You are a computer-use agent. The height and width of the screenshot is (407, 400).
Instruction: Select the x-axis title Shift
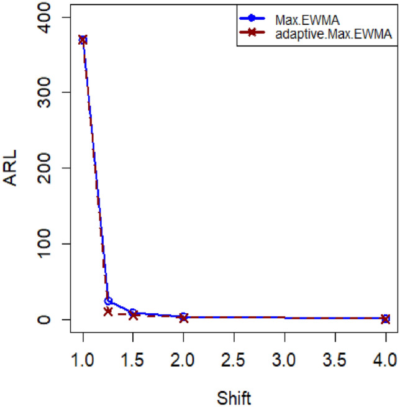(x=234, y=393)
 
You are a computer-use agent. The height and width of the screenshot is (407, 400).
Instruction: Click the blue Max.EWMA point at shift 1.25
(x=108, y=301)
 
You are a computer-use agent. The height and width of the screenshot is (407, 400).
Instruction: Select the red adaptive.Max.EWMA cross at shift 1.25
(x=108, y=311)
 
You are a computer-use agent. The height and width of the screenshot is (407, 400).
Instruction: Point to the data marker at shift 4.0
(x=385, y=319)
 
